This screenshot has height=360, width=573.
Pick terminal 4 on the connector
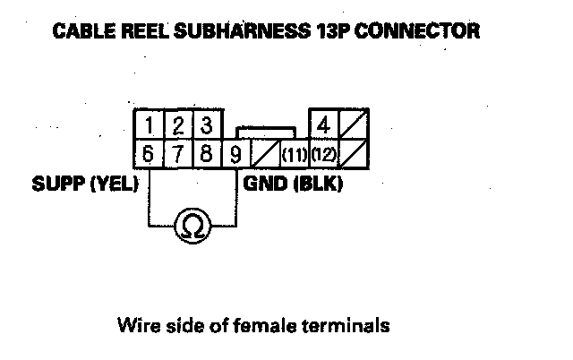pyautogui.click(x=323, y=124)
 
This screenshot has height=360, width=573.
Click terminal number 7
pyautogui.click(x=178, y=155)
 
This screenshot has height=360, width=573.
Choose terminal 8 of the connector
pyautogui.click(x=206, y=155)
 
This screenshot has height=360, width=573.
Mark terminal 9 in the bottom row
pyautogui.click(x=235, y=155)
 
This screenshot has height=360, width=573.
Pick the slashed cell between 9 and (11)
pyautogui.click(x=265, y=155)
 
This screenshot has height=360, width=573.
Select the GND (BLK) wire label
pyautogui.click(x=293, y=186)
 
